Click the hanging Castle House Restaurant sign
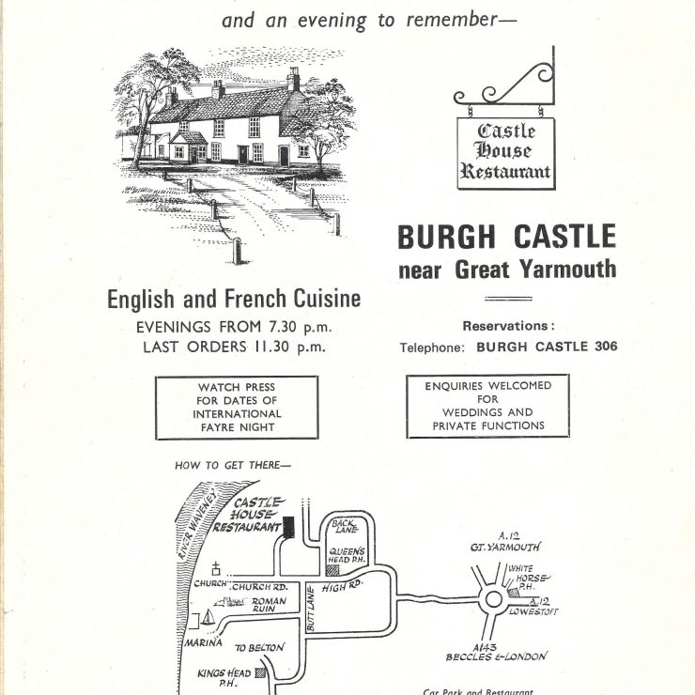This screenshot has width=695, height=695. pos(506,153)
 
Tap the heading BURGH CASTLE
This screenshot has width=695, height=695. pos(507,237)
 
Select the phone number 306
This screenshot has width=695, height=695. pos(606,347)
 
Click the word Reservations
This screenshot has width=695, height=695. pos(505,326)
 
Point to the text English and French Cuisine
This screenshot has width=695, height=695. pos(234,299)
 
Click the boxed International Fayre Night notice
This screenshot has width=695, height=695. pos(237,408)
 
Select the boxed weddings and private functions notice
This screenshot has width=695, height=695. pos(488,406)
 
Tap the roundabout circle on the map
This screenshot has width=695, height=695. pos(493,599)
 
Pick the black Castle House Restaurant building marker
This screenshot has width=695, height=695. pos(288,527)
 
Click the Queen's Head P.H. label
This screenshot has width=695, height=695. pos(347,555)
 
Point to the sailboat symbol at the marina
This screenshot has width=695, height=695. pos(208,617)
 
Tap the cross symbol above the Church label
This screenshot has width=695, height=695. pos(216,568)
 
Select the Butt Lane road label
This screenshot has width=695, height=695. pos(311,609)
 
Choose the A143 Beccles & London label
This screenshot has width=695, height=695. pos(497,653)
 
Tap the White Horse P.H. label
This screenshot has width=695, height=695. pos(529,577)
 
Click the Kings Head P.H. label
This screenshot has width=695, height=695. pos(224,678)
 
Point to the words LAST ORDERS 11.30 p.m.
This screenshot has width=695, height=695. pos(235,347)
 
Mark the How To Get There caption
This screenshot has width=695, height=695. pos(233,466)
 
